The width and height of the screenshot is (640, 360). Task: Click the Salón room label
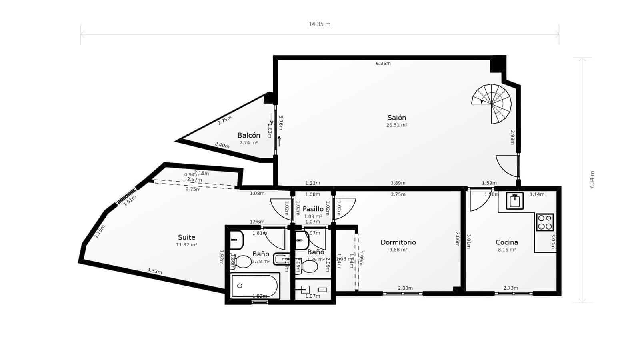click(x=396, y=118)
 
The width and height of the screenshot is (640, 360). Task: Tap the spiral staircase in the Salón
click(x=492, y=103)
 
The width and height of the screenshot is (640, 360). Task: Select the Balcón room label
click(x=248, y=135)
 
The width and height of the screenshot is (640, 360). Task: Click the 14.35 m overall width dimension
click(x=319, y=24)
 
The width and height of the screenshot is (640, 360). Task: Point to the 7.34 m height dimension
click(x=592, y=180)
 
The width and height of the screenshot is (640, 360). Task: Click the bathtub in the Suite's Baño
click(x=254, y=286)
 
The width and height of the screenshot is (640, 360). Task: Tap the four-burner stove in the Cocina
click(x=545, y=222)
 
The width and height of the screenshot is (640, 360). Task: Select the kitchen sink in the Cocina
click(x=514, y=200)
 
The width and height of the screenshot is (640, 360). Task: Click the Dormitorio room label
click(x=398, y=242)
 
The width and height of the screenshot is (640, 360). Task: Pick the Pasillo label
click(x=313, y=209)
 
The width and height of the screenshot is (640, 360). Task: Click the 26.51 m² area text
click(x=396, y=125)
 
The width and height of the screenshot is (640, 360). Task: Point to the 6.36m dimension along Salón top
click(x=383, y=63)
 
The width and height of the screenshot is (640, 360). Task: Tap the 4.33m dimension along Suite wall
click(x=154, y=271)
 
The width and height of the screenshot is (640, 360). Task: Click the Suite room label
click(x=186, y=237)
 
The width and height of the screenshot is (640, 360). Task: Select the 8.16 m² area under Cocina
click(x=506, y=250)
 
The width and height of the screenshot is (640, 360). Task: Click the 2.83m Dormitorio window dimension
click(x=405, y=288)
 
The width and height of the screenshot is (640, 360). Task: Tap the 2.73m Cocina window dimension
click(x=510, y=288)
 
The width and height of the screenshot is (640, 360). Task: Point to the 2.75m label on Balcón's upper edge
click(x=224, y=120)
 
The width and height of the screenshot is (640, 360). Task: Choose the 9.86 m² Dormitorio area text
click(x=398, y=250)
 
